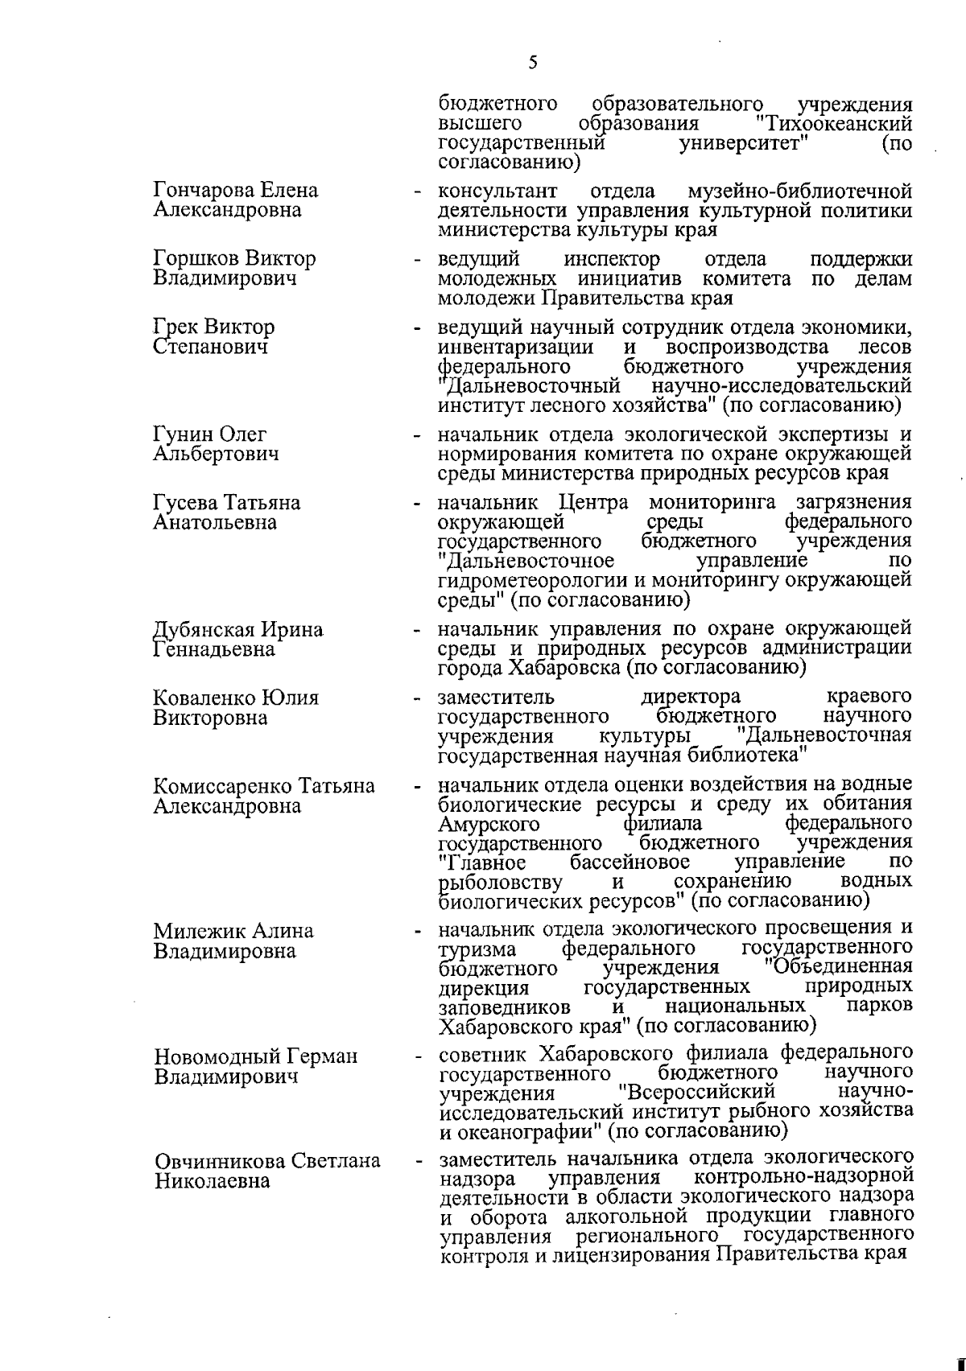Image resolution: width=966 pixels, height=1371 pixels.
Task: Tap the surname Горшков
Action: (196, 259)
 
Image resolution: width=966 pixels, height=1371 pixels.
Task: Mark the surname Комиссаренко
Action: (220, 785)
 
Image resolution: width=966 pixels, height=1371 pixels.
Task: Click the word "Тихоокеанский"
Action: (835, 124)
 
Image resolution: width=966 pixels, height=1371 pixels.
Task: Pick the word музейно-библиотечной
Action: (800, 191)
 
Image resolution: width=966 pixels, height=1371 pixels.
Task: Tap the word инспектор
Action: (612, 259)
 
